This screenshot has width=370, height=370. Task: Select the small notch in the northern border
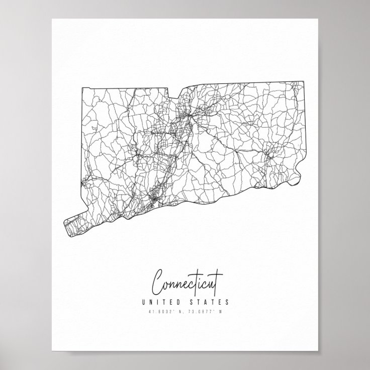click(x=172, y=94)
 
